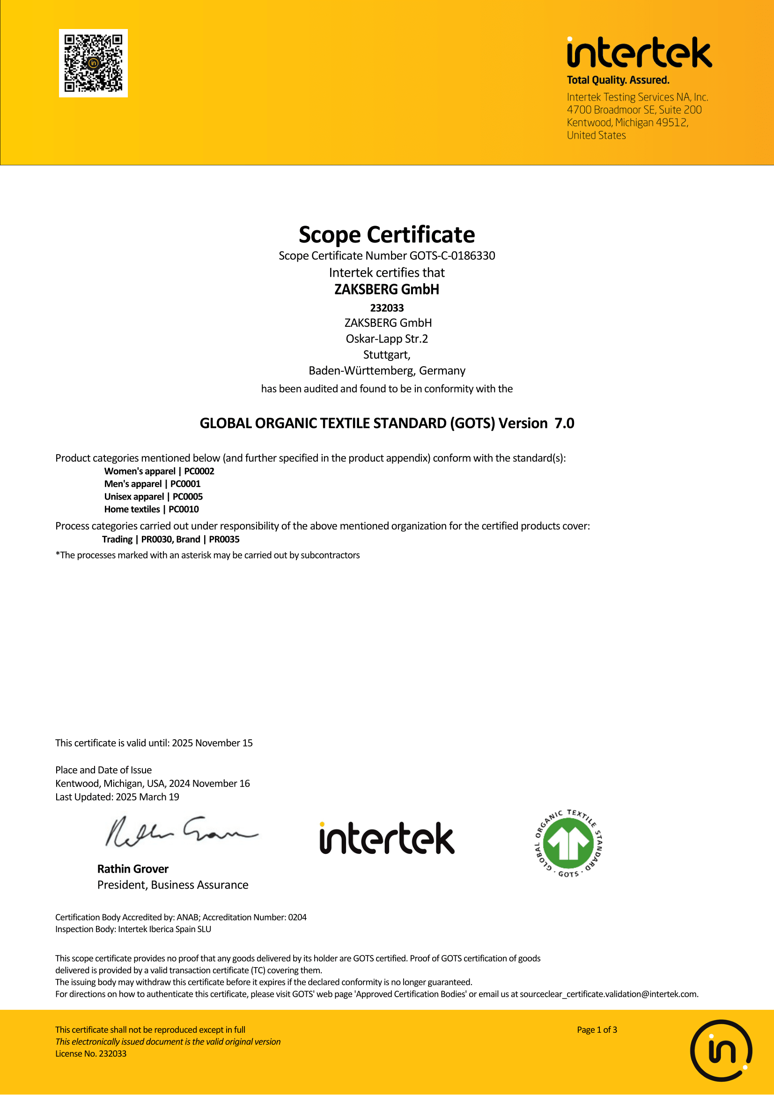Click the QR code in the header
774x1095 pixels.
(93, 63)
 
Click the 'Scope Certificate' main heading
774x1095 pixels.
(387, 235)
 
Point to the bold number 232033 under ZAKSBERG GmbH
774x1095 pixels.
(387, 308)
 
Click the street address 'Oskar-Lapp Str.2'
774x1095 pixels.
(387, 338)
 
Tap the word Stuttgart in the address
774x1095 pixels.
(386, 355)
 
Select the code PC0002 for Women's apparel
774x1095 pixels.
(199, 471)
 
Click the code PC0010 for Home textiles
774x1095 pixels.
(184, 509)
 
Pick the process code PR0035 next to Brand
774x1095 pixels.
(224, 539)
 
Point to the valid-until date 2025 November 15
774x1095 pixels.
(212, 742)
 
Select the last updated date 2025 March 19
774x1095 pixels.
(147, 797)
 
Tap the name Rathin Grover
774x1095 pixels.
(133, 868)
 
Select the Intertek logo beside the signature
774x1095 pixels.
(387, 838)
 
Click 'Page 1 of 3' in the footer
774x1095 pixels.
(597, 1029)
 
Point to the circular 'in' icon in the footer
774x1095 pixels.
(721, 1050)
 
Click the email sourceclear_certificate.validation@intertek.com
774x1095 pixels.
(609, 994)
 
